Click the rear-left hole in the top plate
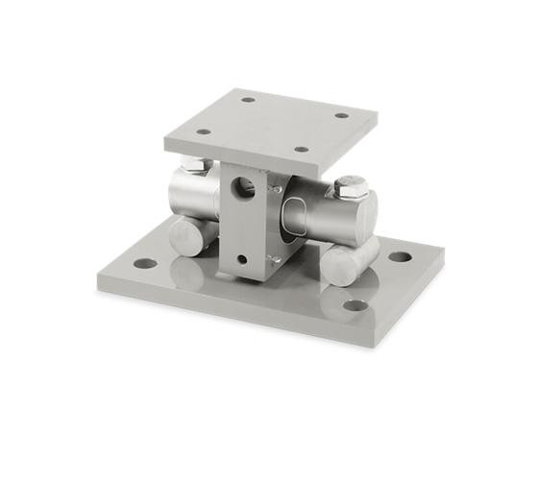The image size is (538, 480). [x=248, y=99]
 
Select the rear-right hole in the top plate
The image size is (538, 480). [x=341, y=115]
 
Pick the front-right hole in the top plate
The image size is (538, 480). [x=302, y=150]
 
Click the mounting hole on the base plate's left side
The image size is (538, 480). [x=143, y=262]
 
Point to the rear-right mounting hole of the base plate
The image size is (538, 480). [x=398, y=257]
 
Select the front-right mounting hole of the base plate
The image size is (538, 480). [x=355, y=306]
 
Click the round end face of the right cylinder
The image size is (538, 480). [x=365, y=213]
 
